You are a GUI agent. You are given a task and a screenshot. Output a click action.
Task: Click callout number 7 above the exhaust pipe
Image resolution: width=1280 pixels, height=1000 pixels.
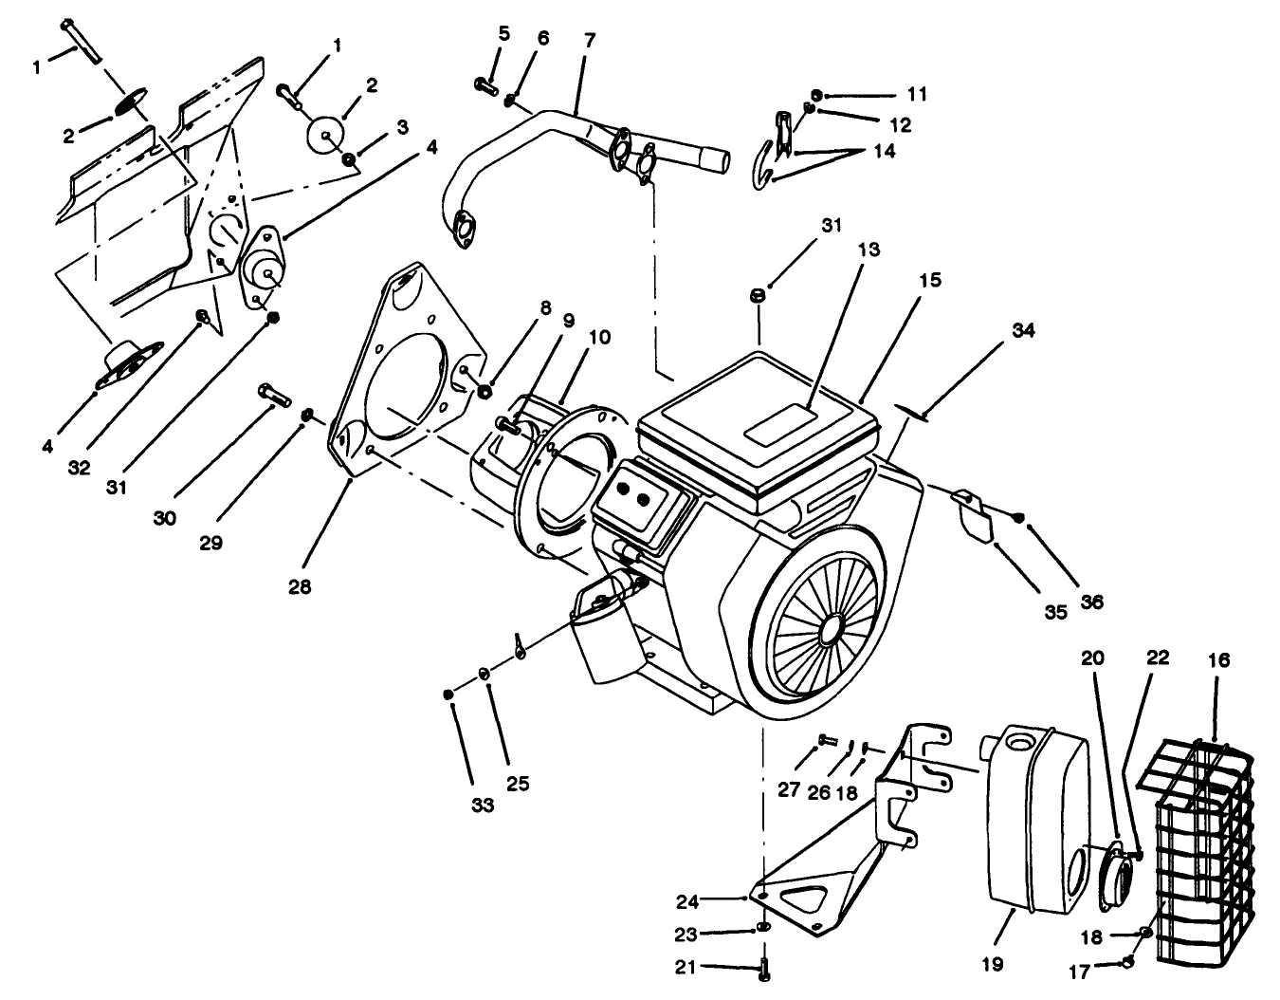(x=590, y=41)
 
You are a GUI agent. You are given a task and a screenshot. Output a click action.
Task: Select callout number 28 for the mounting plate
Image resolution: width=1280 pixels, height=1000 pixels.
(x=301, y=586)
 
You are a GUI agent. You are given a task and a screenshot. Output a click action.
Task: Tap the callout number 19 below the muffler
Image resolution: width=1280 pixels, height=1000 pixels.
(x=992, y=963)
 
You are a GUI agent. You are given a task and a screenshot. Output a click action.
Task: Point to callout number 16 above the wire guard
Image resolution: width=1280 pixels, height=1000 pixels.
(x=1218, y=659)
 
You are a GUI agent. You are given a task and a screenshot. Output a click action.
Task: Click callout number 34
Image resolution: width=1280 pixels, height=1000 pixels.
(x=1023, y=330)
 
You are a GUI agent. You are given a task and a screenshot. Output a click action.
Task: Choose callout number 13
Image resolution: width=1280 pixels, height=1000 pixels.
(x=869, y=250)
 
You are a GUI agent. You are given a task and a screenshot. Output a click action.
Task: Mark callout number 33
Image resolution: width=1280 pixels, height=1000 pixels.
(x=483, y=806)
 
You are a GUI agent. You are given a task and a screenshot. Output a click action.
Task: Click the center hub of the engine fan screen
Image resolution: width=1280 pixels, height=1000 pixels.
(x=831, y=628)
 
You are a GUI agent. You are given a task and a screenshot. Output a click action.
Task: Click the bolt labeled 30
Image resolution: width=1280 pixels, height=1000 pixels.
(x=273, y=394)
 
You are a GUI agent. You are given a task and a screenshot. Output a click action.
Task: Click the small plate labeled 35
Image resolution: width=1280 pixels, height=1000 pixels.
(x=971, y=511)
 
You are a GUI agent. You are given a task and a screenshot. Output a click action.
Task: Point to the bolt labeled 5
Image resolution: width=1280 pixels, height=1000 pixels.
(x=485, y=84)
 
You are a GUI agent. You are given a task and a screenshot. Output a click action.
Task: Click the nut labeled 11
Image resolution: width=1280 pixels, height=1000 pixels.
(x=818, y=95)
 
